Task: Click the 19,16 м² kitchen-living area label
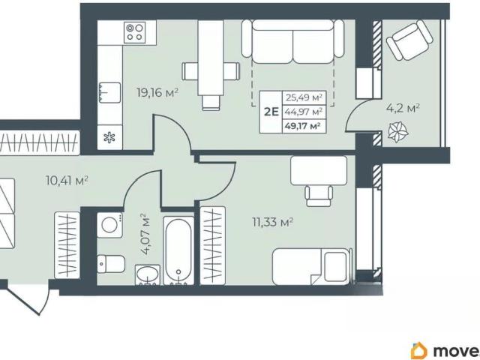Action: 157,92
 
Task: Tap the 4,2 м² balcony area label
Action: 403,109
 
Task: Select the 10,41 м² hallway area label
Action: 67,180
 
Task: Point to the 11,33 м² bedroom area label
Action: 273,222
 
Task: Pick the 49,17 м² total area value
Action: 303,126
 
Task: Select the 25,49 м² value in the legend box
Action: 304,97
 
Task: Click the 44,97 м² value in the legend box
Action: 304,112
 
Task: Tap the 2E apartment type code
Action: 271,112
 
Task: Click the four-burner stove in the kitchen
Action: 134,32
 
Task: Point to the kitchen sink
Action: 109,92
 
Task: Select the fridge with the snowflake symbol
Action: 109,137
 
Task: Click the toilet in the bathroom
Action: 111,263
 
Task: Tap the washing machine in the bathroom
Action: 109,225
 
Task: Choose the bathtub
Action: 178,251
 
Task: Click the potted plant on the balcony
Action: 398,132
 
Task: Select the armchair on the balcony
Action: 409,40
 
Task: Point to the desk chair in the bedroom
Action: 319,196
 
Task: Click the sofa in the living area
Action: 292,41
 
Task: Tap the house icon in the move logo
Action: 418,350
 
